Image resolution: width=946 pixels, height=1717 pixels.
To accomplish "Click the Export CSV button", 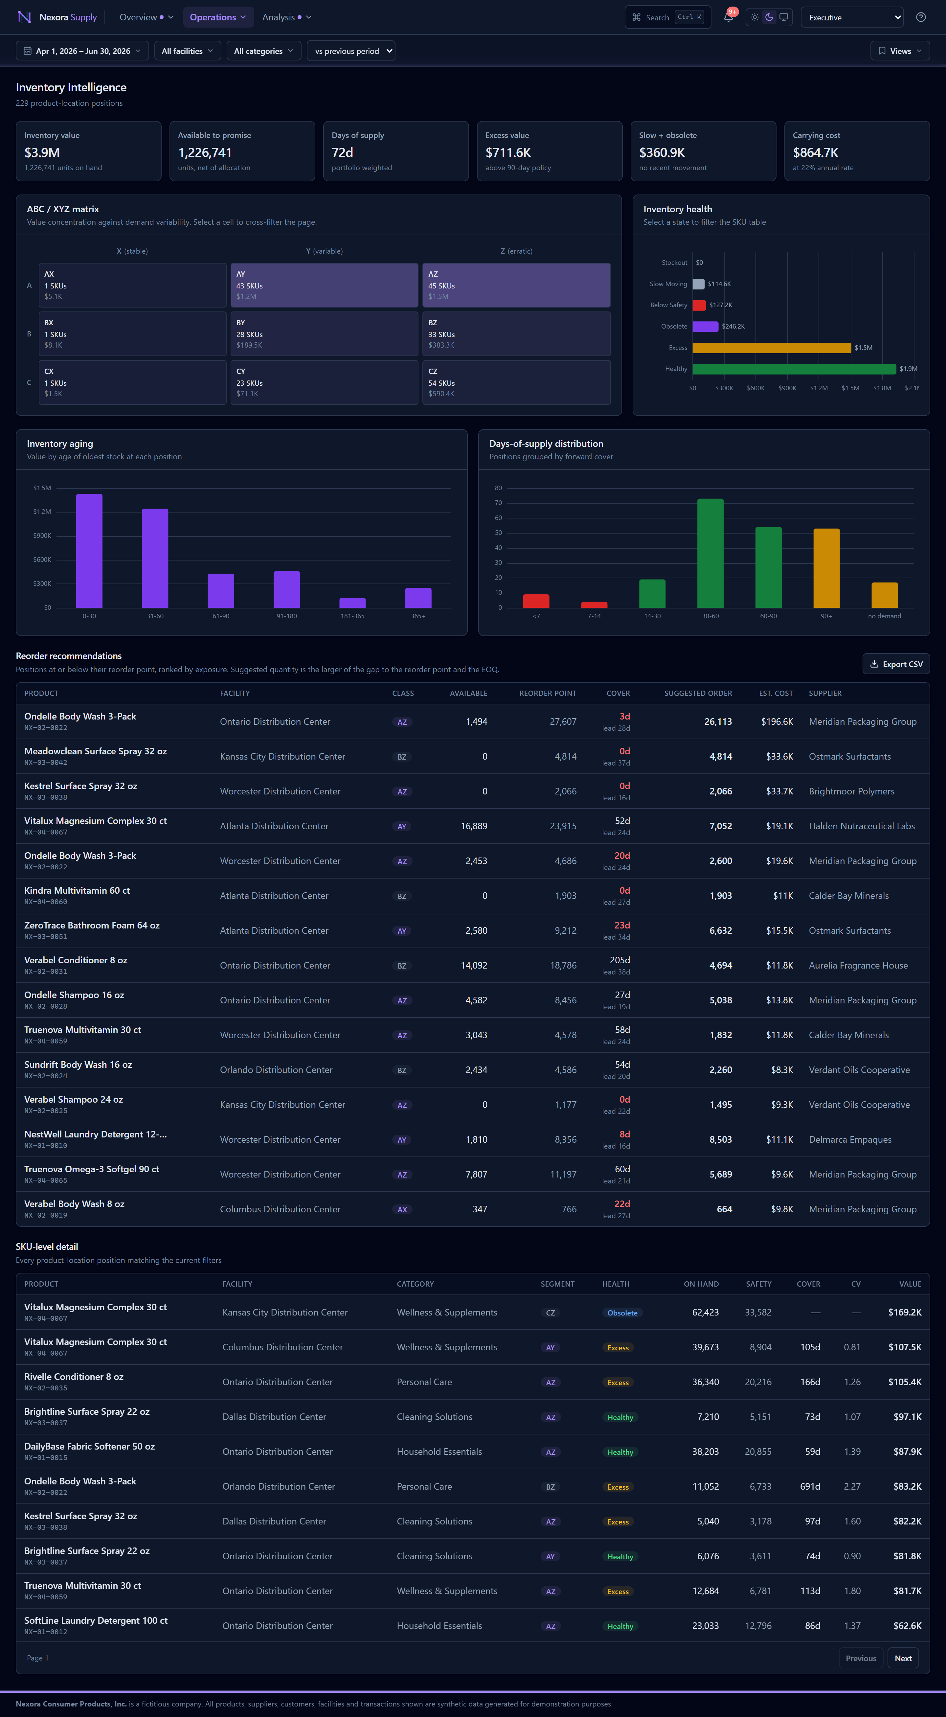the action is tap(896, 664).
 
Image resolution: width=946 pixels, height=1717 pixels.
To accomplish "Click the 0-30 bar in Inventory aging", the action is tap(89, 551).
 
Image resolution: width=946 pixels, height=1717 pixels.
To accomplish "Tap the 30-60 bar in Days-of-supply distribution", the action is tap(710, 553).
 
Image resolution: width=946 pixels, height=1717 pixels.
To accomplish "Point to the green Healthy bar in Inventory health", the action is tap(794, 369).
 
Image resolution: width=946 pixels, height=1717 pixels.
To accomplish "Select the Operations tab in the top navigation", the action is tap(218, 17).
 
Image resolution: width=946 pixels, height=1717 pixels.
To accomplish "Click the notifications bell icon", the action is tap(728, 17).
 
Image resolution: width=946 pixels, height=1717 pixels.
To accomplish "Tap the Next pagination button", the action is tap(903, 1658).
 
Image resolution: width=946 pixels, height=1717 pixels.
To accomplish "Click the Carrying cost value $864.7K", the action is tap(815, 153).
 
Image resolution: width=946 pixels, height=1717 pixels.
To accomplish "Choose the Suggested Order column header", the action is tap(697, 693).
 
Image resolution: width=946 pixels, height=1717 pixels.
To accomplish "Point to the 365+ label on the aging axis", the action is tap(418, 616).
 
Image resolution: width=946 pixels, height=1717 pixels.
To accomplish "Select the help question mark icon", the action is tap(921, 17).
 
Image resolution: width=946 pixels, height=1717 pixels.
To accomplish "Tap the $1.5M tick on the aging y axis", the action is tap(42, 488).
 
